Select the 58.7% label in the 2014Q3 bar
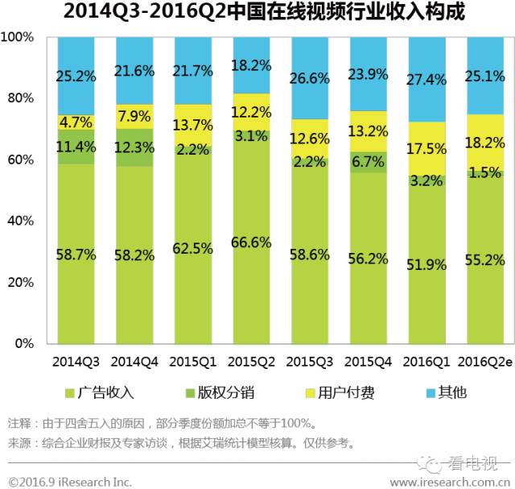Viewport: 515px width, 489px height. (77, 255)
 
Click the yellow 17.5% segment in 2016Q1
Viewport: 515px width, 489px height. (427, 149)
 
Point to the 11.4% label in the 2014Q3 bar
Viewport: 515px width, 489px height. (77, 147)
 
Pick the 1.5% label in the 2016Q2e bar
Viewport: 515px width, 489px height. (485, 172)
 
